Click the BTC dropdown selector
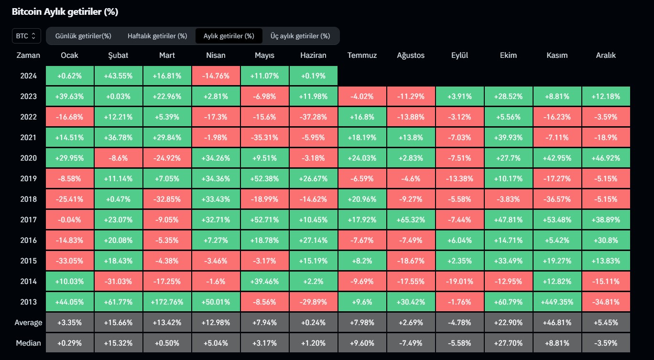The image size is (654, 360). [x=26, y=36]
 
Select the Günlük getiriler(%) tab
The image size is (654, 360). [x=83, y=36]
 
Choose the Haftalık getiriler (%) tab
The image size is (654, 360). [x=157, y=36]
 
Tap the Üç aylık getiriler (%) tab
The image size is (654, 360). [x=300, y=36]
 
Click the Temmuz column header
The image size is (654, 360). [x=362, y=55]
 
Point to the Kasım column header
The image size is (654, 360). [x=557, y=55]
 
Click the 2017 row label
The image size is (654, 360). [x=28, y=220]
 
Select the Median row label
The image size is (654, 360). [x=28, y=343]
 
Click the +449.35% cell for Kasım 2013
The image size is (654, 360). [x=557, y=302]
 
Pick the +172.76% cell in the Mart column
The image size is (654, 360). [x=167, y=302]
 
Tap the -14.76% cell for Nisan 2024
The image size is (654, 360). [x=216, y=76]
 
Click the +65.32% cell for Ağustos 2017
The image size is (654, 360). [x=411, y=220]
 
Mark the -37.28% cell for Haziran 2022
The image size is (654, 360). [x=313, y=117]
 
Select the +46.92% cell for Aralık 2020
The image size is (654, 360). [x=606, y=158]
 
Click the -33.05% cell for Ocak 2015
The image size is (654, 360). [x=70, y=261]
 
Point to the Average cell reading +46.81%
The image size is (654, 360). [x=557, y=323]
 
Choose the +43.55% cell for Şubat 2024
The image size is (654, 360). [x=118, y=76]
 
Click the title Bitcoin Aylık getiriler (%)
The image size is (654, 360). [x=65, y=12]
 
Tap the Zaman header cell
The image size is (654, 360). [x=28, y=55]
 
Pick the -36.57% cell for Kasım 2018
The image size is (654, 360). [x=557, y=199]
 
